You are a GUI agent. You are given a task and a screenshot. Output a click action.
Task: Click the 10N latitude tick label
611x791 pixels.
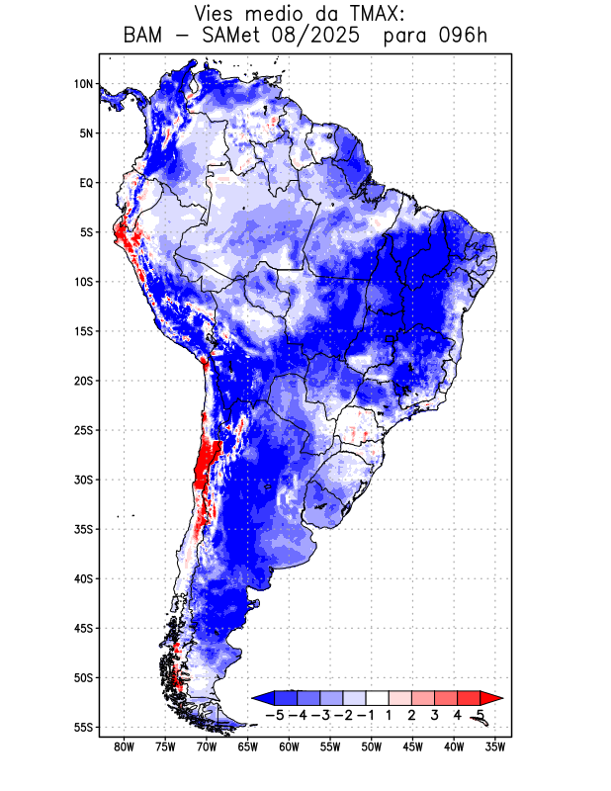(83, 84)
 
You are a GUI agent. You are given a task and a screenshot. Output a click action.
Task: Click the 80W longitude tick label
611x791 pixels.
(125, 747)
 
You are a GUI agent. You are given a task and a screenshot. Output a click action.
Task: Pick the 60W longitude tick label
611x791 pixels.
(289, 747)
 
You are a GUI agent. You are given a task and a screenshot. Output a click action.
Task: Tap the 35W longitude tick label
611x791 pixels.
(495, 747)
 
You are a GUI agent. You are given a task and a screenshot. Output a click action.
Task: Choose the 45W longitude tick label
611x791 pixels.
(412, 747)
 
